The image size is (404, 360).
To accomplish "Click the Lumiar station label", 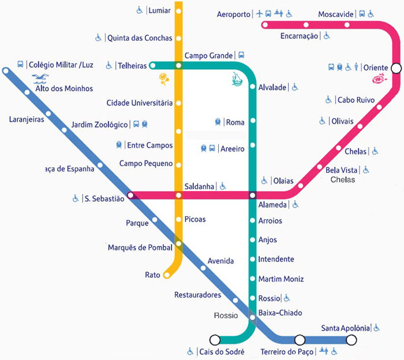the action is tap(159, 10).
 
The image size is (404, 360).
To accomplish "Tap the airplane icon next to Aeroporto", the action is tap(260, 13).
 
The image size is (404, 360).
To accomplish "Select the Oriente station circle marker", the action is tap(396, 68).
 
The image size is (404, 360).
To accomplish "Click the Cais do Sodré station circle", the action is tap(215, 340).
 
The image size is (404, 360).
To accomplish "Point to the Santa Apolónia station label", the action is tap(345, 328).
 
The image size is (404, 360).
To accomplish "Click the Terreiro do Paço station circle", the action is tap(300, 340).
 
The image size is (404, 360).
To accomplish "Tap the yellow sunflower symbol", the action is tap(163, 79).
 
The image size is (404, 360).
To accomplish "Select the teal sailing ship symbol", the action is tap(237, 79).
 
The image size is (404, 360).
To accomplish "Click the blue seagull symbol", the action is tap(40, 79).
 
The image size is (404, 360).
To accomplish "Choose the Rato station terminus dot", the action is tap(167, 275).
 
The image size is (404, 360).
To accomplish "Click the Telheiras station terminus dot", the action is tap(152, 65).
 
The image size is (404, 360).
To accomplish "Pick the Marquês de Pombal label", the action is tap(140, 247).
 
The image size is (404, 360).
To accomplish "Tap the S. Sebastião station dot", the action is tap(130, 195).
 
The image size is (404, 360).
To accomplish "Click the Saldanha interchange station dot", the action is tap(178, 195).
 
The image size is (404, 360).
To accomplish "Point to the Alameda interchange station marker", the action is tap(253, 195).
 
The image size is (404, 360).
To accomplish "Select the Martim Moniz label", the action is tap(281, 279).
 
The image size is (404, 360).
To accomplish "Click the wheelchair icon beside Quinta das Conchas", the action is tap(98, 38).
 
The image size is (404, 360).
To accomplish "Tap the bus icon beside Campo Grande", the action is tap(241, 55).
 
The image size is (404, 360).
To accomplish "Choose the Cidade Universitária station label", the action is tap(140, 103).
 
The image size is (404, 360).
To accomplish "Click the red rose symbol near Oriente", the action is tap(380, 79).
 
